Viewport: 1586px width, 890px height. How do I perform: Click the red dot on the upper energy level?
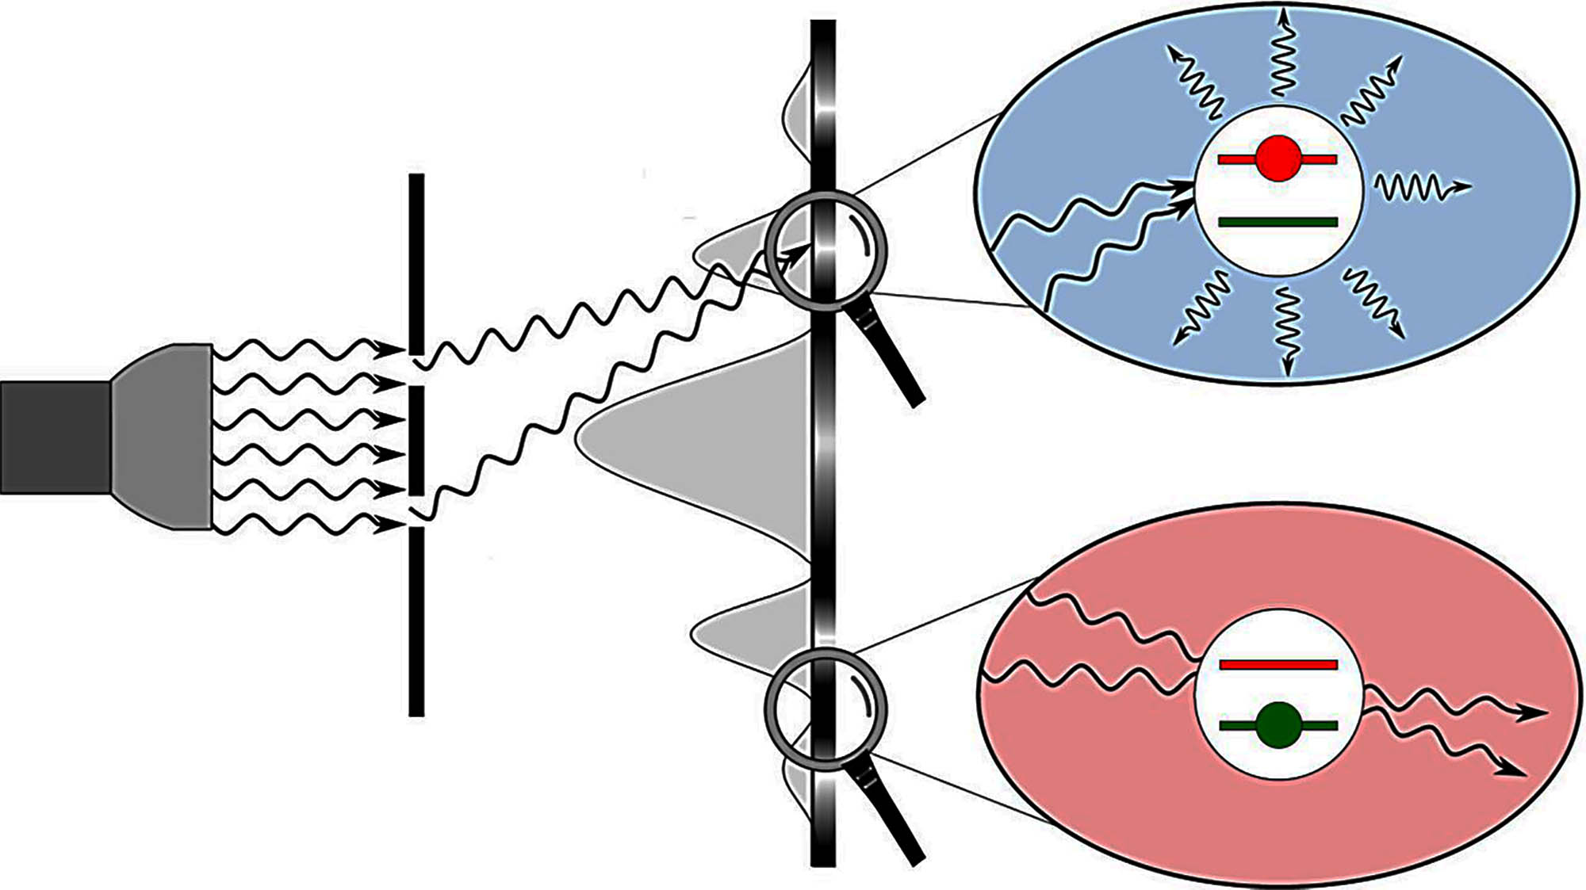1278,159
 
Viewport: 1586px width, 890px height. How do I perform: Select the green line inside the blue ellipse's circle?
1278,223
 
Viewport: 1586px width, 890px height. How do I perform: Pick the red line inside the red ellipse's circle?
1278,664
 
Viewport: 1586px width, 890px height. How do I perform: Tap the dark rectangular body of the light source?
54,437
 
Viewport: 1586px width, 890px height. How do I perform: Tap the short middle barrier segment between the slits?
416,440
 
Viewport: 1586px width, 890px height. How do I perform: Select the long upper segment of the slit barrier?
416,262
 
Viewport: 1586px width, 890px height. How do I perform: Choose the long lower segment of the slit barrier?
416,622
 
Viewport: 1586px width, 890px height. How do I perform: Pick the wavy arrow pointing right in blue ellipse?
1419,189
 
